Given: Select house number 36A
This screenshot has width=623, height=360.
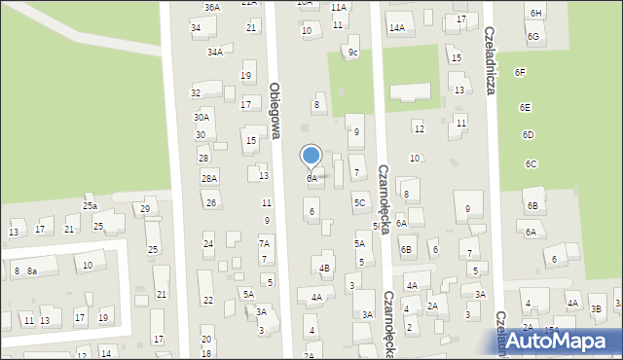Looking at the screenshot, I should pyautogui.click(x=211, y=7).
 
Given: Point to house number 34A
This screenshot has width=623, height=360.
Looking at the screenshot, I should pyautogui.click(x=214, y=52).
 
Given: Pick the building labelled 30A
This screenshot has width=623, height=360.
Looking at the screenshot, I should pyautogui.click(x=202, y=117).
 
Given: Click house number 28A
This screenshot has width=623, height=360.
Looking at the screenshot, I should pyautogui.click(x=208, y=178).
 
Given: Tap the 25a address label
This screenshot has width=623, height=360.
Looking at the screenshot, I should pyautogui.click(x=90, y=206).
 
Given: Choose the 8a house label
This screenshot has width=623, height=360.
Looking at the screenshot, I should pyautogui.click(x=31, y=270).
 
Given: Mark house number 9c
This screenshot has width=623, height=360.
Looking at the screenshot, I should pyautogui.click(x=353, y=53).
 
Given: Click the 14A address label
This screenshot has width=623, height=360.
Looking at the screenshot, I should pyautogui.click(x=396, y=28).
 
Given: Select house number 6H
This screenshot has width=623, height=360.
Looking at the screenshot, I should pyautogui.click(x=535, y=12).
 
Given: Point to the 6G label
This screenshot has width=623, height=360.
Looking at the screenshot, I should pyautogui.click(x=532, y=36).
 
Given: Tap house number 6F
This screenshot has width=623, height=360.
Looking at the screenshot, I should pyautogui.click(x=520, y=73).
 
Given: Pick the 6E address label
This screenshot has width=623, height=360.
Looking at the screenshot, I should pyautogui.click(x=526, y=108).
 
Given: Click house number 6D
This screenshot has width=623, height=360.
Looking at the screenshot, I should pyautogui.click(x=528, y=134).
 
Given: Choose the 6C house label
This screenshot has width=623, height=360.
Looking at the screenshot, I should pyautogui.click(x=531, y=164).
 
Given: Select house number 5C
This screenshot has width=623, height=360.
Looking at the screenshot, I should pyautogui.click(x=359, y=203).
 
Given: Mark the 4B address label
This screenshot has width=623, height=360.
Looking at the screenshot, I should pyautogui.click(x=324, y=268).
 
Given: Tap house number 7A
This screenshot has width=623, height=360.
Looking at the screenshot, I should pyautogui.click(x=264, y=243).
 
